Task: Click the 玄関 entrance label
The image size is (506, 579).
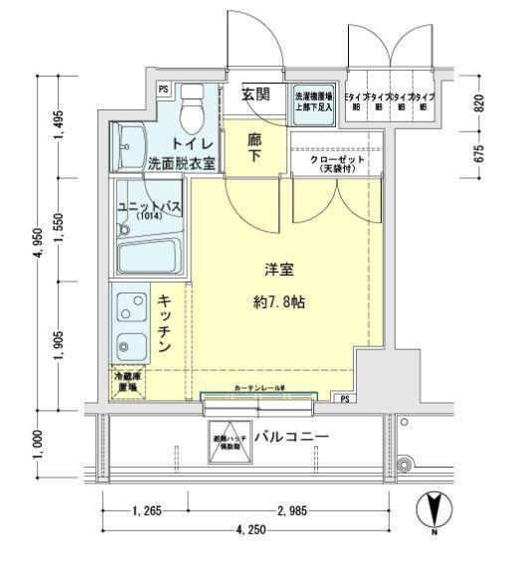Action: coord(256,96)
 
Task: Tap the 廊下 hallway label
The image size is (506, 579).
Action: coord(255,148)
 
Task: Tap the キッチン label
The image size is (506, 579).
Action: coord(165,321)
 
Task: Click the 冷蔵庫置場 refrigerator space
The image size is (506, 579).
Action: coord(128,382)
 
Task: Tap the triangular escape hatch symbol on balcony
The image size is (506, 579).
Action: coord(225,445)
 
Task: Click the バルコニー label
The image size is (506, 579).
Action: coord(291,438)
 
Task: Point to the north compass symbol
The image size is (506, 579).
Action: coord(434,511)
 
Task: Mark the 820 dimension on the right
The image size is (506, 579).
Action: coord(478,102)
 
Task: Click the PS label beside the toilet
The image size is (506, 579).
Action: coord(163,90)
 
